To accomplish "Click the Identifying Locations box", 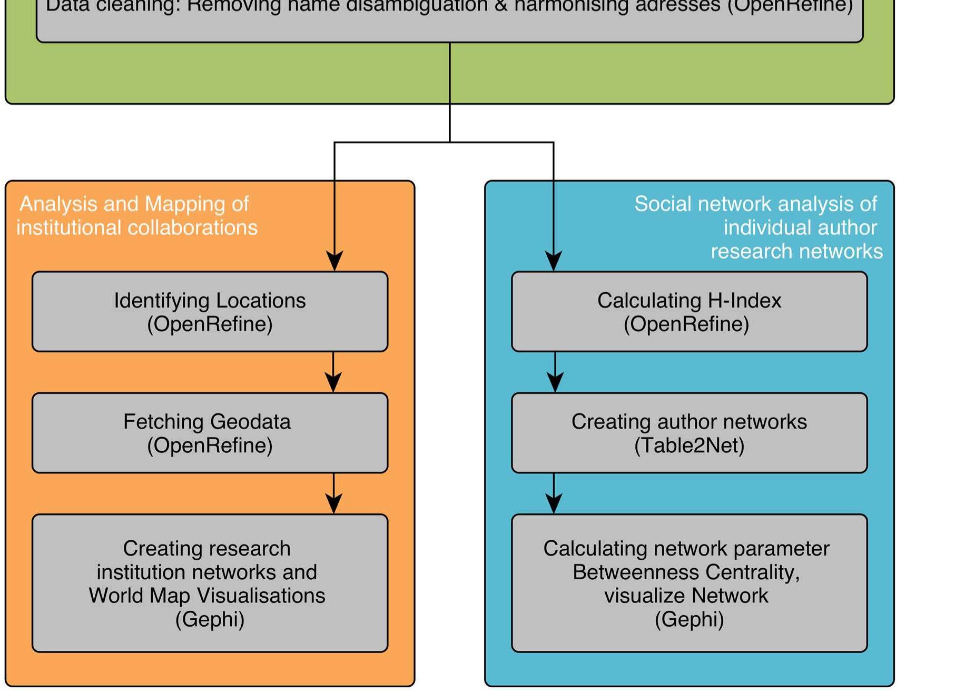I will pyautogui.click(x=210, y=311).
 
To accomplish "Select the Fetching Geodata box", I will pyautogui.click(x=210, y=433).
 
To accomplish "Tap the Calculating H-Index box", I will pyautogui.click(x=689, y=311).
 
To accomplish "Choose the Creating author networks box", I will pyautogui.click(x=689, y=433).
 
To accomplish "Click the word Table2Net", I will pyautogui.click(x=689, y=445).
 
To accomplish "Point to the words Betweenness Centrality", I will pyautogui.click(x=686, y=572).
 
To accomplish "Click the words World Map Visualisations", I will pyautogui.click(x=206, y=596).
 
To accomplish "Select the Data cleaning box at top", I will pyautogui.click(x=449, y=21).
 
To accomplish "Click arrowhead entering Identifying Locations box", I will pyautogui.click(x=334, y=261).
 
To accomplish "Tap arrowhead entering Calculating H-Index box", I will pyautogui.click(x=553, y=261).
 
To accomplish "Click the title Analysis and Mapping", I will pyautogui.click(x=134, y=204).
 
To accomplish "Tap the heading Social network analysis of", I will pyautogui.click(x=755, y=204).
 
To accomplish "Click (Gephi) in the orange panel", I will pyautogui.click(x=210, y=619).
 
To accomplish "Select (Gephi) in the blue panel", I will pyautogui.click(x=689, y=619).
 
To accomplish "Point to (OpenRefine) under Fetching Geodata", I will pyautogui.click(x=210, y=445).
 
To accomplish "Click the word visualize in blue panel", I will pyautogui.click(x=637, y=596).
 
